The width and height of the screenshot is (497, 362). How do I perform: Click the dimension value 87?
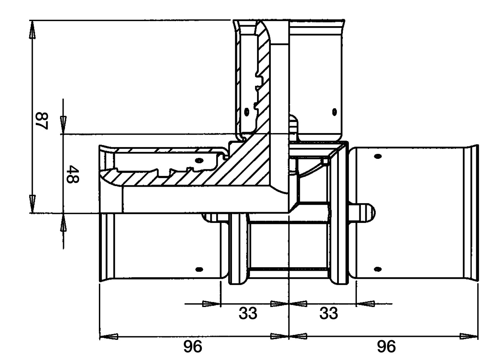[42, 121]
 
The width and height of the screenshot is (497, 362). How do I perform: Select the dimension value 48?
[72, 174]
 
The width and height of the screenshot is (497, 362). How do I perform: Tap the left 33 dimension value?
[248, 313]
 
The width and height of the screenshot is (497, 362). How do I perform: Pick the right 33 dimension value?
[329, 313]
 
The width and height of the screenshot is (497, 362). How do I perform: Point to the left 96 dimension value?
[193, 347]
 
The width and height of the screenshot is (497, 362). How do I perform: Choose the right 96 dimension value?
[386, 347]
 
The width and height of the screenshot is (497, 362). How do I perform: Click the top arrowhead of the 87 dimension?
[33, 29]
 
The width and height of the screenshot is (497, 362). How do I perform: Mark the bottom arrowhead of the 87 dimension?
[33, 204]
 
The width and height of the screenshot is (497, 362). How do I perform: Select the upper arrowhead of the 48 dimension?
[63, 125]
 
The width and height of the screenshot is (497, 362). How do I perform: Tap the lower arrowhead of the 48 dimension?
[63, 222]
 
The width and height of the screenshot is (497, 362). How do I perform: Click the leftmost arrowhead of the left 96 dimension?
[109, 337]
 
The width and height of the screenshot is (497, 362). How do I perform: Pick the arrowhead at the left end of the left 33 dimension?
[211, 304]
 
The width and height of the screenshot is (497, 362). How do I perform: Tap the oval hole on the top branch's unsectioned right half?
[334, 112]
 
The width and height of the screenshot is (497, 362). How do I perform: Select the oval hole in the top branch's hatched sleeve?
[247, 112]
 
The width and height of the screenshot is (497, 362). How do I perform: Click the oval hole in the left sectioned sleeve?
[199, 160]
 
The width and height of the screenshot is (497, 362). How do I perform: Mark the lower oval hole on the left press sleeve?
[199, 269]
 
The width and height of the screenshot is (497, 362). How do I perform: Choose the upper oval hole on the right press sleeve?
[378, 156]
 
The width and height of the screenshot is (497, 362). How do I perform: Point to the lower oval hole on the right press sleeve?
[378, 269]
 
